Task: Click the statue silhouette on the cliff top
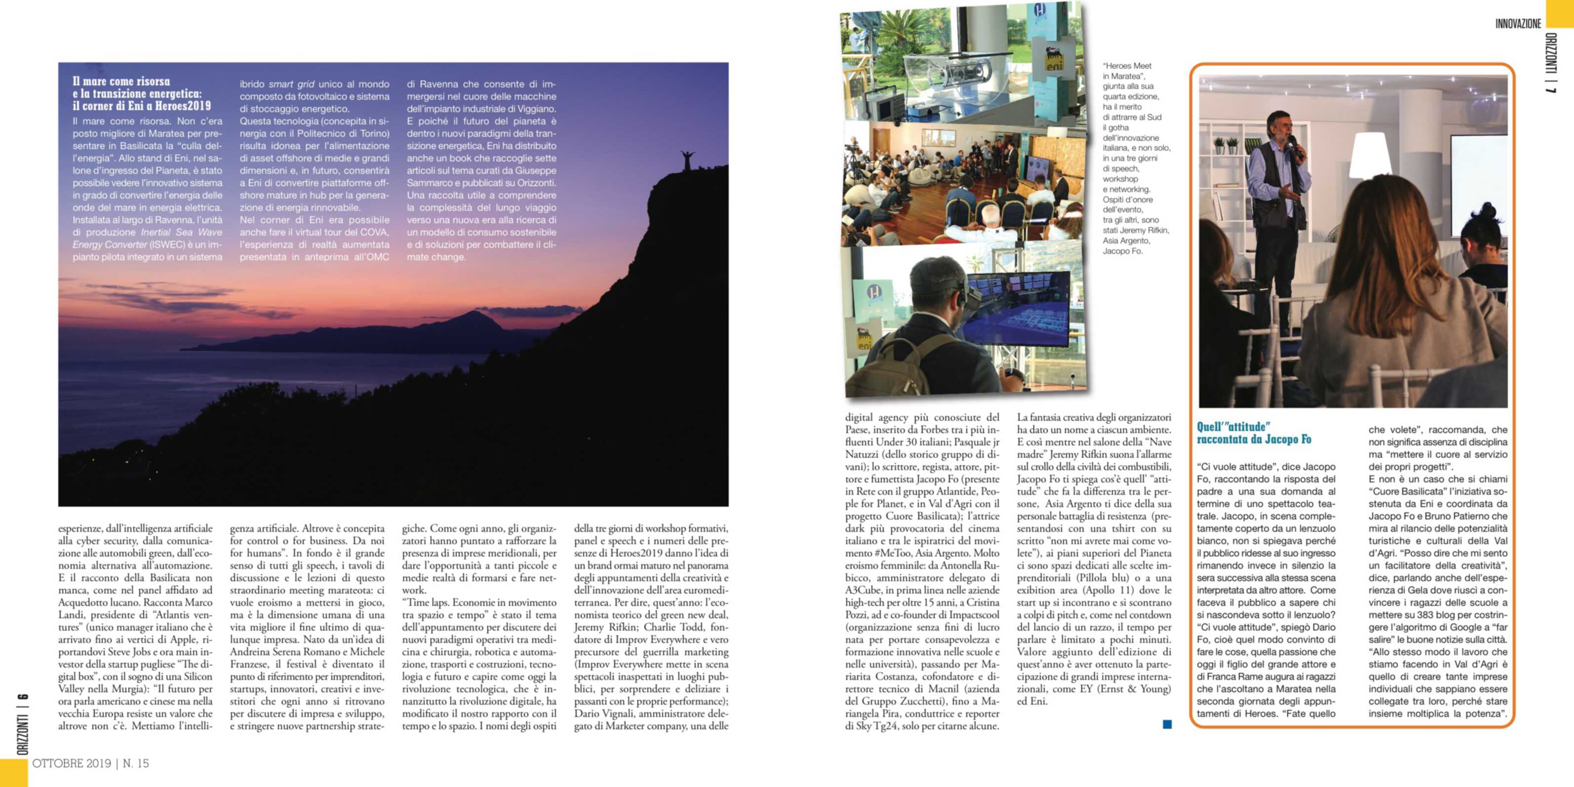tap(688, 160)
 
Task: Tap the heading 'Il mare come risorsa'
tap(121, 81)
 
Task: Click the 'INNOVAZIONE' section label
tap(1518, 24)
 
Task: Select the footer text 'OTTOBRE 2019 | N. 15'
tap(90, 763)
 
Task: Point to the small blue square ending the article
tap(1167, 724)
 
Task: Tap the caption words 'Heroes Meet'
tap(1127, 66)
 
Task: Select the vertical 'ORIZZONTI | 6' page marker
tap(23, 724)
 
